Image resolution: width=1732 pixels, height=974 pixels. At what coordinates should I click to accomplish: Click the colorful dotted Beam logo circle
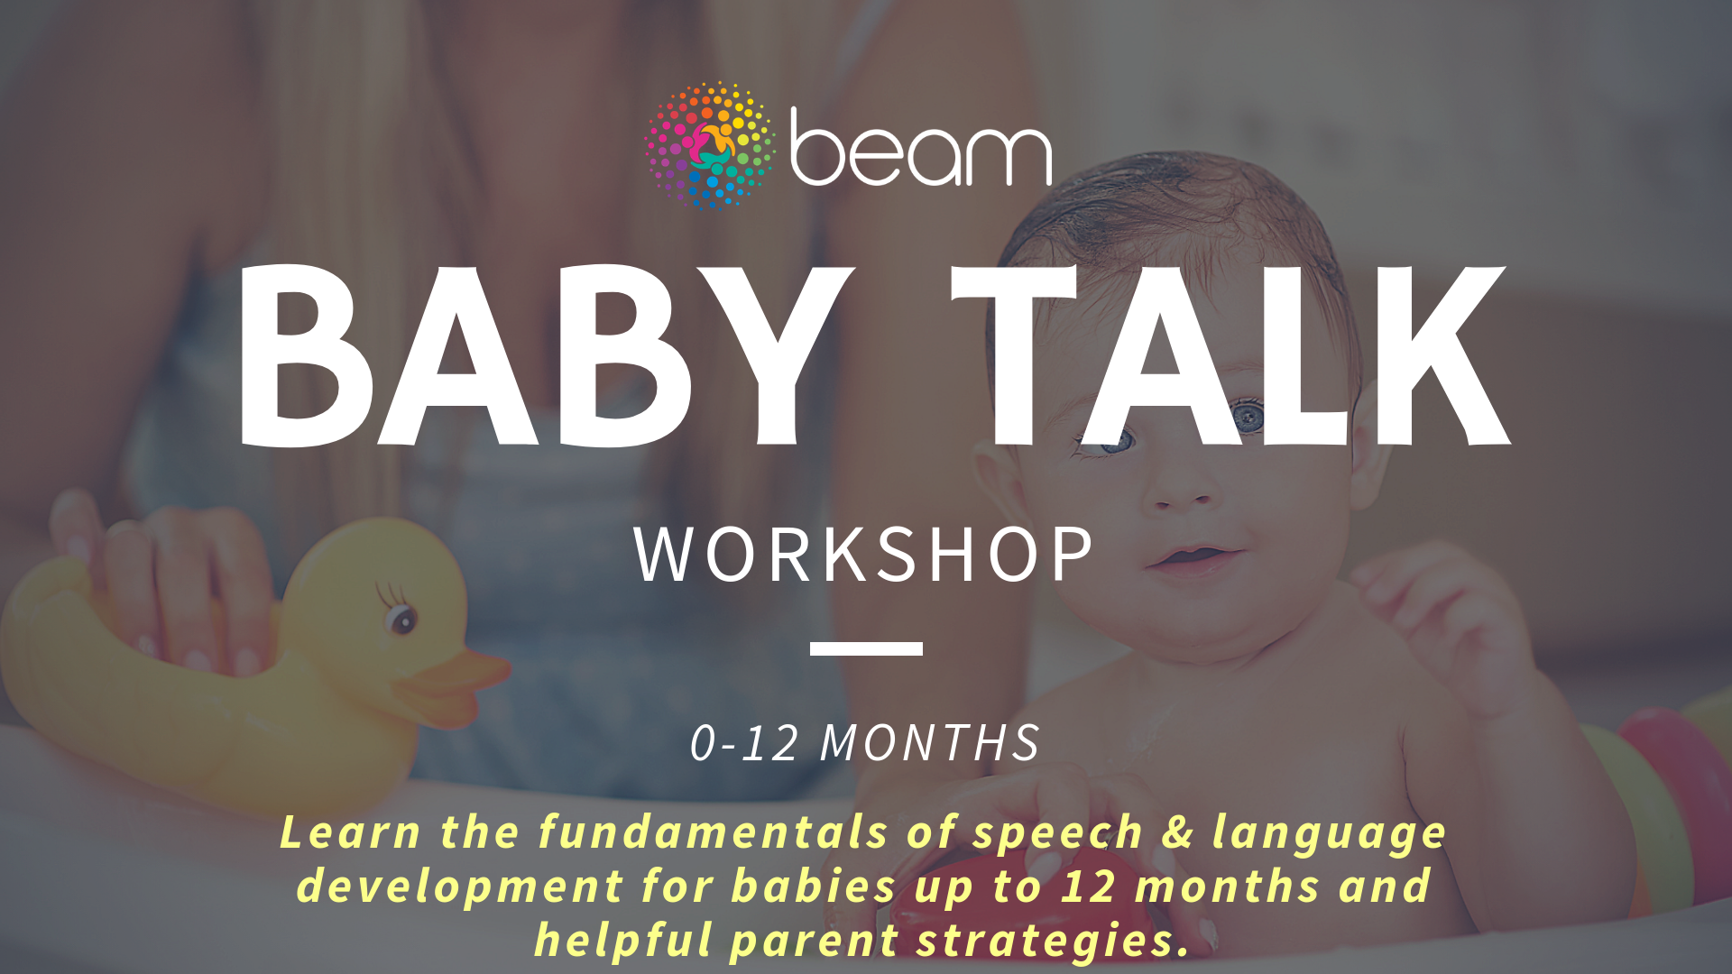point(711,145)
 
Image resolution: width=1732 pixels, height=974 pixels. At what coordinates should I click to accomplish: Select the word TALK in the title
point(1231,355)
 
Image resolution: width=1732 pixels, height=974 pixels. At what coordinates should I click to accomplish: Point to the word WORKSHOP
point(864,554)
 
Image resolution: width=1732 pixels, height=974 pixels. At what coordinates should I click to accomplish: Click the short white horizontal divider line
point(866,648)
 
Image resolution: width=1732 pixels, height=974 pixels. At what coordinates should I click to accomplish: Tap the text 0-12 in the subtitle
point(744,743)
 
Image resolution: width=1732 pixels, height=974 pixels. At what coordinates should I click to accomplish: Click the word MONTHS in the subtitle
point(930,743)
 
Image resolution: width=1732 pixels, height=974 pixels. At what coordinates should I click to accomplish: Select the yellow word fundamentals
point(713,832)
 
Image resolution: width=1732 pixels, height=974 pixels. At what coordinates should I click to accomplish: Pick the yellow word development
point(460,887)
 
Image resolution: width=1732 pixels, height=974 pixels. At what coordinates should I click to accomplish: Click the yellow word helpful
point(623,941)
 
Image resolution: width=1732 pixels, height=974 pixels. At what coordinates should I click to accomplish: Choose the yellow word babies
point(814,886)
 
